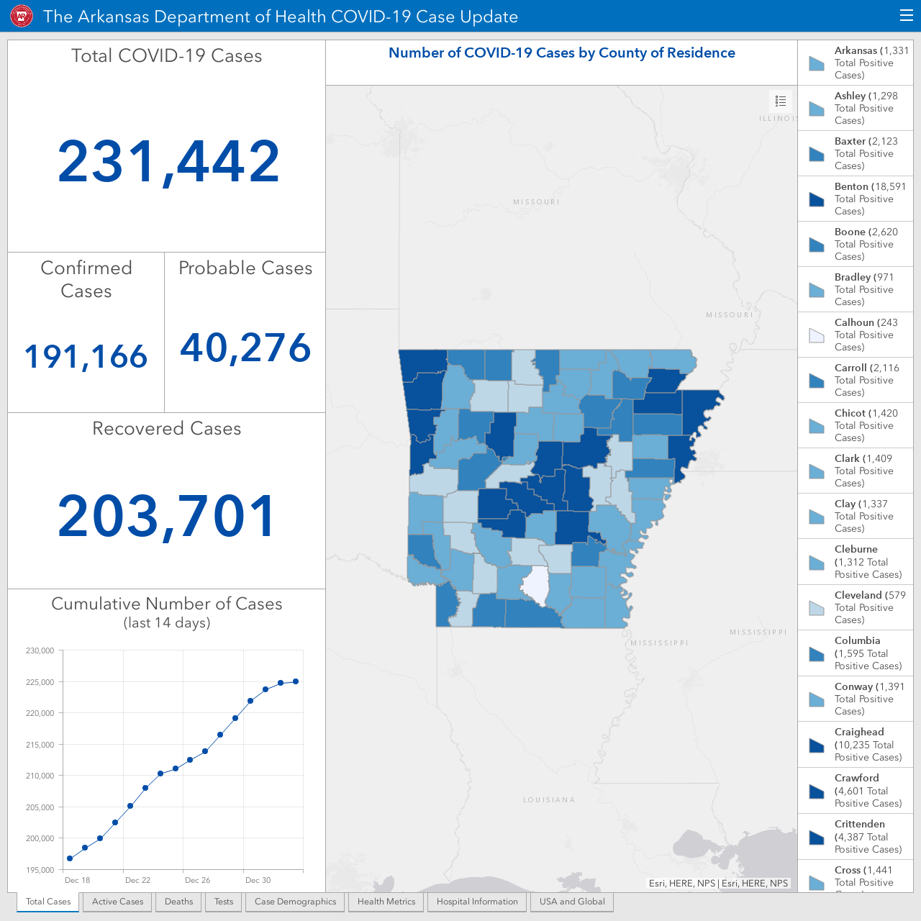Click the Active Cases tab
[x=117, y=902]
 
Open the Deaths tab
[x=178, y=902]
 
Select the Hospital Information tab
[x=477, y=902]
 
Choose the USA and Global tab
[x=572, y=902]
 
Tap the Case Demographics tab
[x=296, y=902]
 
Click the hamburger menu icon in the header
[x=906, y=15]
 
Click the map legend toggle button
[x=781, y=101]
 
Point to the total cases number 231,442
[x=168, y=162]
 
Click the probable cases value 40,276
[x=245, y=348]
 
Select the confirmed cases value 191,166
[x=86, y=357]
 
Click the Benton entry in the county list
[x=856, y=199]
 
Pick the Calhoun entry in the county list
[x=856, y=335]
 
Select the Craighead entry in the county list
[x=856, y=744]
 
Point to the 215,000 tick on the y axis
[x=40, y=745]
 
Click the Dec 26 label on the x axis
[x=197, y=880]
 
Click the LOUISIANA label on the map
[x=549, y=799]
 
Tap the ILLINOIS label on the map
[x=778, y=118]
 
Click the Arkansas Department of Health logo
[x=22, y=17]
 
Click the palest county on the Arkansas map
[x=535, y=586]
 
